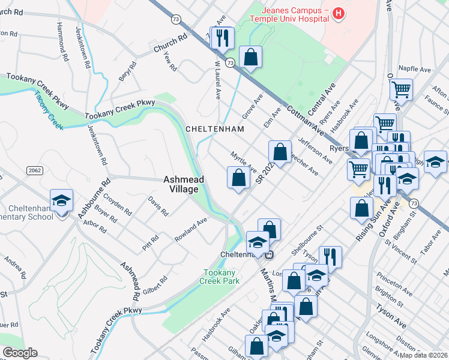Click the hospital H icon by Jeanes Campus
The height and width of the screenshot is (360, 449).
click(339, 13)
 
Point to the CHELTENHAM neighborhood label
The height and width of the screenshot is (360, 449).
click(214, 129)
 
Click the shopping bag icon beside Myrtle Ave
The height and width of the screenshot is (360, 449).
click(238, 178)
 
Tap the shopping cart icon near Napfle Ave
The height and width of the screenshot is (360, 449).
click(400, 90)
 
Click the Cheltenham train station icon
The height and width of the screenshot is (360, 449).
click(270, 254)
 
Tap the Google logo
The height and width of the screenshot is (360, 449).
click(20, 353)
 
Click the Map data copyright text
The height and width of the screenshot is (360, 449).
click(423, 355)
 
